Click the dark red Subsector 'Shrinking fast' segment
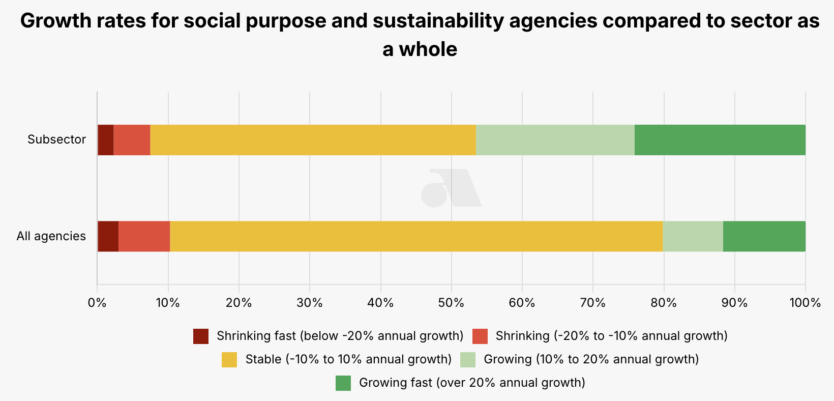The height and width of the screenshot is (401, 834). pos(105,140)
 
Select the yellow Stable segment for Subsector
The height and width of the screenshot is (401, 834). pos(313,140)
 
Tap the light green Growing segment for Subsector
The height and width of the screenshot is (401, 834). pos(555,140)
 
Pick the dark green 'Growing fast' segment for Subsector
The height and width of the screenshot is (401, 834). pos(720,140)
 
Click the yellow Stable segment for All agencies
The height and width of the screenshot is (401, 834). pos(416,236)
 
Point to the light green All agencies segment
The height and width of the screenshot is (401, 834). pos(693,236)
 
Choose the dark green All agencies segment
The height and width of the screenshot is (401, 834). pos(764,236)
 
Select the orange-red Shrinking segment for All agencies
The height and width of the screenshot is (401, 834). pos(144,236)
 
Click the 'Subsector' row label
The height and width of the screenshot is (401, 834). pos(56,139)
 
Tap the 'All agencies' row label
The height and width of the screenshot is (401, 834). pos(51,236)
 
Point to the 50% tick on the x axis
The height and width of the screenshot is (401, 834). pos(451,303)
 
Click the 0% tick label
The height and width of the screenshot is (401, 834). pos(97,303)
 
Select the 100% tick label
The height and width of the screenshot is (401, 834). pos(805,303)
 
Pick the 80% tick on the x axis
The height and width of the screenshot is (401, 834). pos(664,303)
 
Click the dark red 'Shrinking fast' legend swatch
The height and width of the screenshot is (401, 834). pos(201,336)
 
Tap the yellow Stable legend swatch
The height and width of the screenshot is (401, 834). pos(229,360)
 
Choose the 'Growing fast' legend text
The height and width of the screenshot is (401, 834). pos(472,383)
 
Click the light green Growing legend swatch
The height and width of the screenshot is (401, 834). pos(468,360)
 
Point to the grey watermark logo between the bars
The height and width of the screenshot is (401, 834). pos(451,188)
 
